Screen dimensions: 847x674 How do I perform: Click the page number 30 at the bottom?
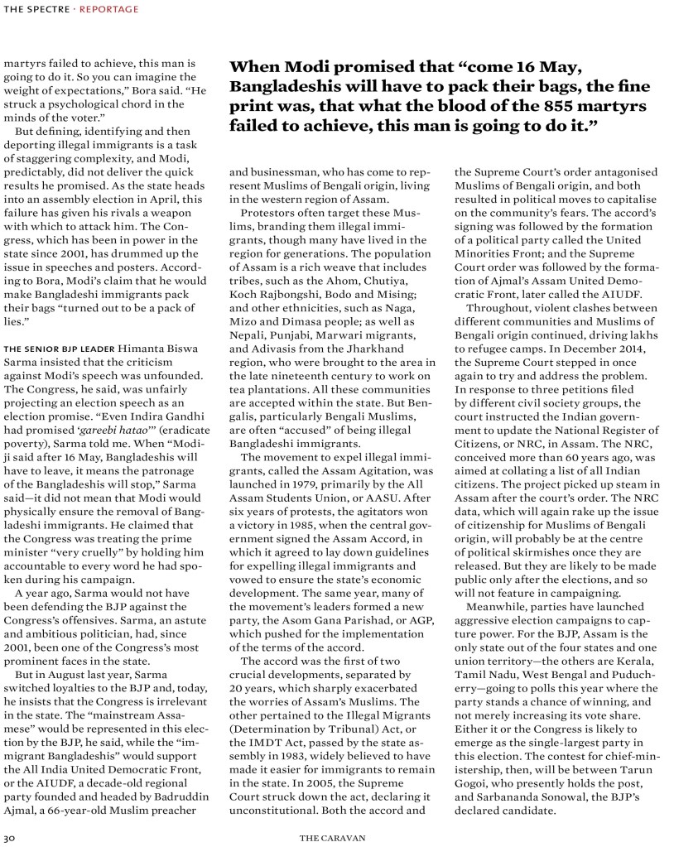(9, 836)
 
